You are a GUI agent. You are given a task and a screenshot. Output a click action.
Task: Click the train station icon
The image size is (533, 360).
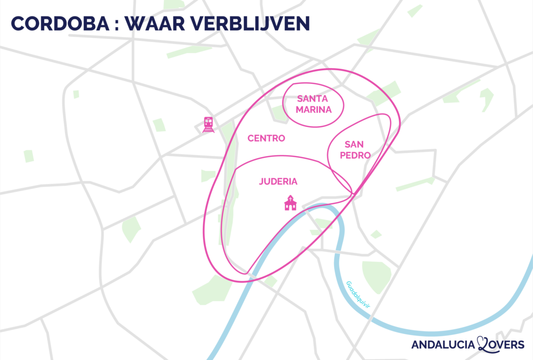[209, 125]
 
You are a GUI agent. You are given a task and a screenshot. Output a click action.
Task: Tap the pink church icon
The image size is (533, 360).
[290, 203]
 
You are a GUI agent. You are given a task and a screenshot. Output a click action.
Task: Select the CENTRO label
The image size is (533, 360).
[266, 138]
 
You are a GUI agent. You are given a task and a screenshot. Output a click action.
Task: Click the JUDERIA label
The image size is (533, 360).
[278, 182]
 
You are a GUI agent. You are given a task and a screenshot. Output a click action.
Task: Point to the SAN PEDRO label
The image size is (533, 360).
[357, 150]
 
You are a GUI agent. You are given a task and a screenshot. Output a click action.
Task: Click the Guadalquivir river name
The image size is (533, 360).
[357, 296]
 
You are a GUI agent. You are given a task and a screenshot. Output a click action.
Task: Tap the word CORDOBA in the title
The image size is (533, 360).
[57, 24]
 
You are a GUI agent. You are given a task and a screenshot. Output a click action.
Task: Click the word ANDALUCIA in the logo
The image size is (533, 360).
[443, 344]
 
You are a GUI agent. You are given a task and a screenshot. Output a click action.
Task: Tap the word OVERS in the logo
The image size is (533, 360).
[509, 344]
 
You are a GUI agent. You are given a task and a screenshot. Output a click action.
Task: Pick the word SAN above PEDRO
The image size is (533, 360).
[357, 145]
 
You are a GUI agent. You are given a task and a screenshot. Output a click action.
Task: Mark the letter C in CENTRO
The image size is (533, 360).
[250, 138]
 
